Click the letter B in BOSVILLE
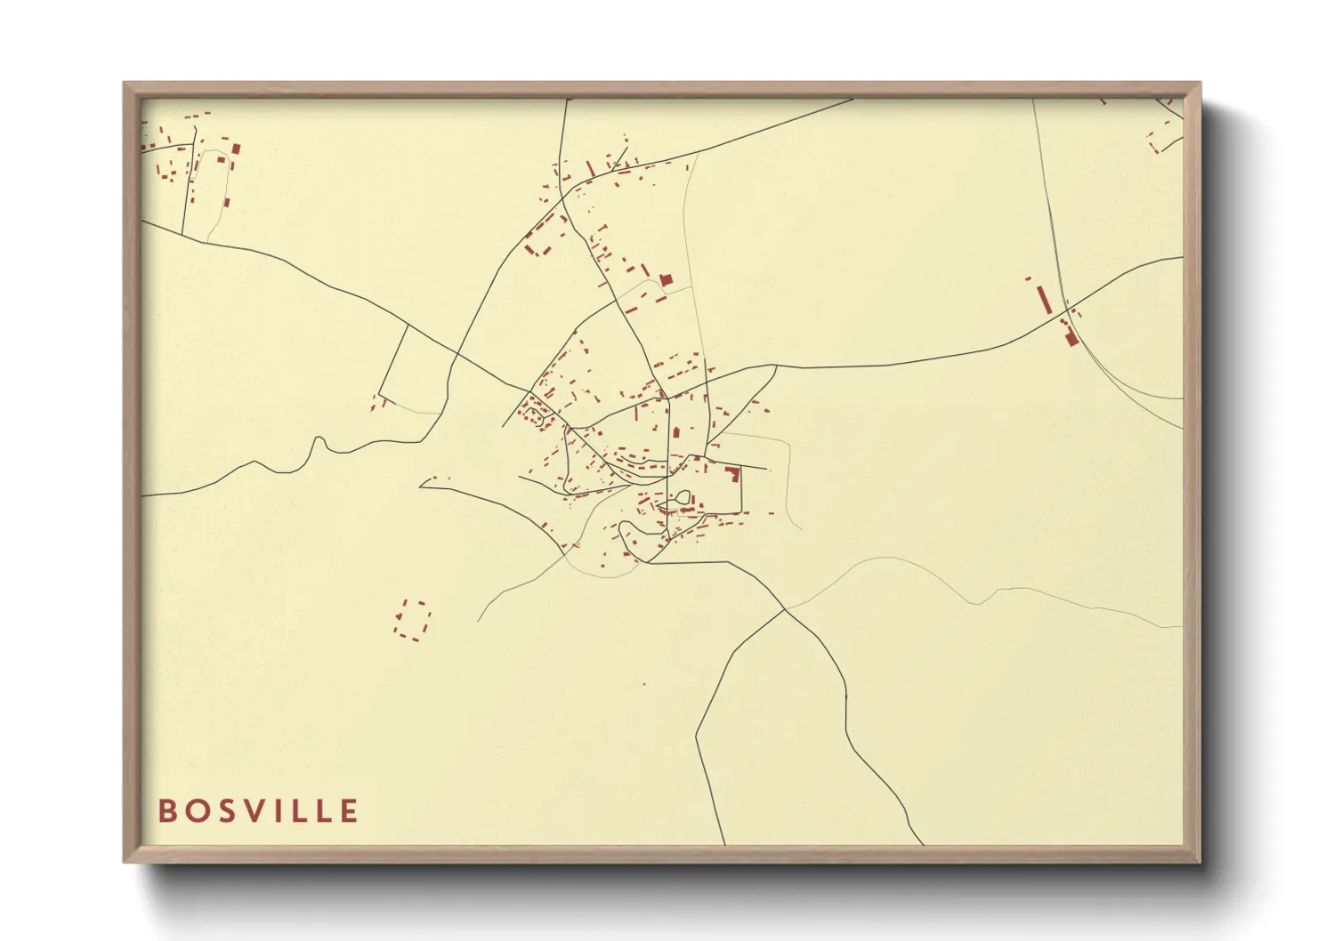pyautogui.click(x=166, y=811)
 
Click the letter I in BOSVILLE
pyautogui.click(x=281, y=811)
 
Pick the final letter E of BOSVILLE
pyautogui.click(x=349, y=811)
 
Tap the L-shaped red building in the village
pyautogui.click(x=734, y=472)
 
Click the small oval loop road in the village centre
pyautogui.click(x=683, y=499)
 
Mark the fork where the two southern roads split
pyautogui.click(x=784, y=610)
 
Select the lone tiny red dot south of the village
pyautogui.click(x=643, y=684)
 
